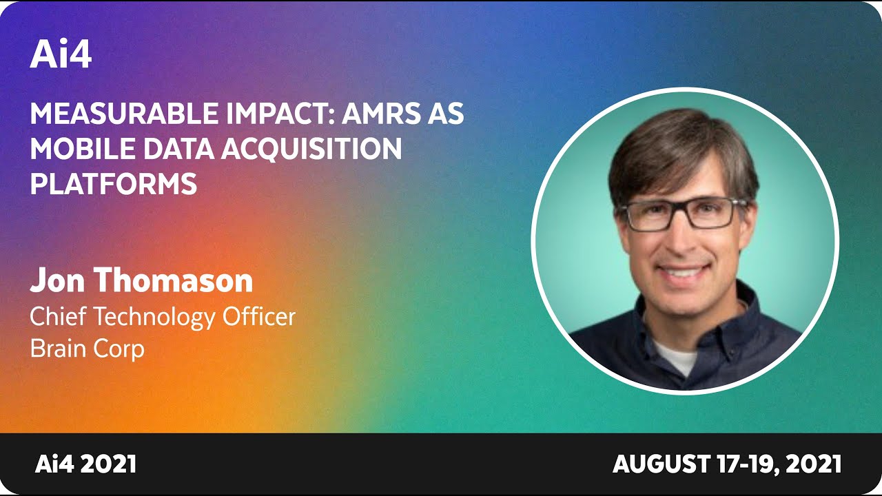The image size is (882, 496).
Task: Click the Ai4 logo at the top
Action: coord(61,54)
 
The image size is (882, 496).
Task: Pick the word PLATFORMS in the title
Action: coord(114,184)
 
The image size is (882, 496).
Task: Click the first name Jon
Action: coord(57,280)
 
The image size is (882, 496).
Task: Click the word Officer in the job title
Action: coord(258,316)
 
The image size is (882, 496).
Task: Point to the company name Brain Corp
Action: coord(88,349)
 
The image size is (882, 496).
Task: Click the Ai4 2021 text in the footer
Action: coord(85,464)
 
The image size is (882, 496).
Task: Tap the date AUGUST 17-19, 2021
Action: coord(727,464)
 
